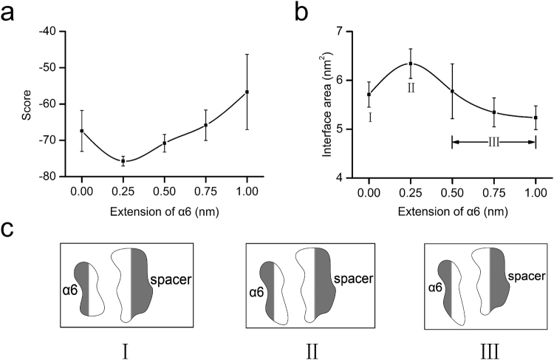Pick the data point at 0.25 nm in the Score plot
point(123,160)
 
